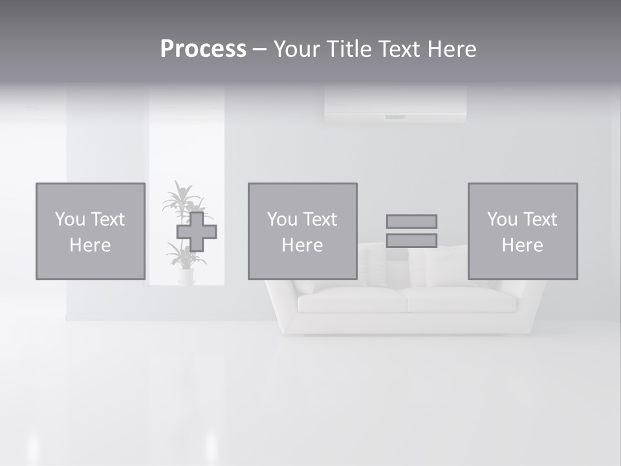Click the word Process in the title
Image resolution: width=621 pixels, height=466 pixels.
pos(203,49)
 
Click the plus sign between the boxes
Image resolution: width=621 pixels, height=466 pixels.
pos(197,232)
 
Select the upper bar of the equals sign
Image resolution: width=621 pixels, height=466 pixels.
pos(411,221)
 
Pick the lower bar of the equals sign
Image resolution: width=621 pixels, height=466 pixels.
pos(411,240)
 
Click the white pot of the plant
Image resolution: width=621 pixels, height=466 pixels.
pos(186,277)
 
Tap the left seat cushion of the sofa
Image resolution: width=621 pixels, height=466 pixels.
pos(349,300)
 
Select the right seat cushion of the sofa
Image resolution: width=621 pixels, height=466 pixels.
pos(459,299)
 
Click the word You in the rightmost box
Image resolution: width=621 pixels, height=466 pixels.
pos(501,219)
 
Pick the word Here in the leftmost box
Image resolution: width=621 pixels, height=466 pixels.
pos(90,245)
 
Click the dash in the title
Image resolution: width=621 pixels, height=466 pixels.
pos(259,50)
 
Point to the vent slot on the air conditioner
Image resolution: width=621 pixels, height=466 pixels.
pos(395,117)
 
